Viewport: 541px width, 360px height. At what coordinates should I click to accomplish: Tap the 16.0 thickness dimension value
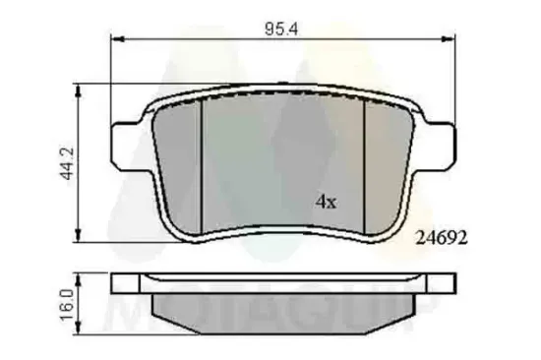pyautogui.click(x=66, y=299)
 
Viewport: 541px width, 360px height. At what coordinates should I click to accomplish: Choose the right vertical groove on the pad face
pyautogui.click(x=364, y=162)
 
